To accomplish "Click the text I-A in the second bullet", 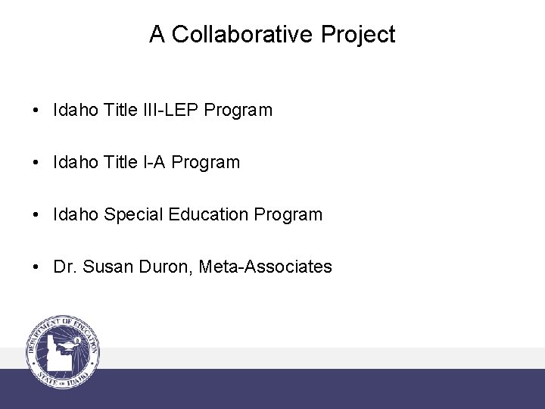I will pos(154,162).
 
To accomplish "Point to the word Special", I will pos(132,215).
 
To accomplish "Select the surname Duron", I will pos(167,267).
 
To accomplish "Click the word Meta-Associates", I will pos(266,267).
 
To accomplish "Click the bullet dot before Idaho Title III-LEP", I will pos(36,111).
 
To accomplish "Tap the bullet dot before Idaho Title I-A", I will pos(36,163).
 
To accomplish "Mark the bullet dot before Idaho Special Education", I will pos(36,215).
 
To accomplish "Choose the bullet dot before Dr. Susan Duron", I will pos(36,267).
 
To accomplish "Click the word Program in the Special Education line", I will pos(288,215).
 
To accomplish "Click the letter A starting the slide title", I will pos(157,35).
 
